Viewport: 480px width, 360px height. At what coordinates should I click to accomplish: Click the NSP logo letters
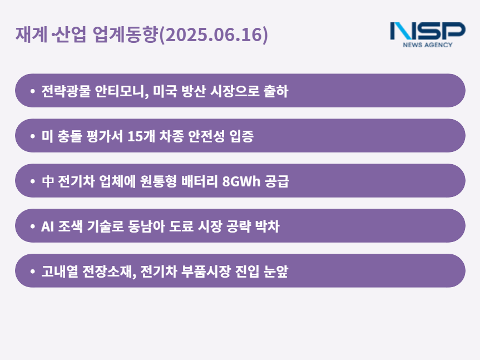[428, 31]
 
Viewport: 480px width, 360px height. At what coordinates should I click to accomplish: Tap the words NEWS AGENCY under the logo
[427, 45]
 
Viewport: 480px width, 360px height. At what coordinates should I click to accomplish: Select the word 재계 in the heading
[31, 34]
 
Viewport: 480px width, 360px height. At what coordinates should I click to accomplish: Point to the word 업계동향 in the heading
[125, 34]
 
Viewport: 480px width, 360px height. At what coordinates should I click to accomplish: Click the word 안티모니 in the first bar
[122, 91]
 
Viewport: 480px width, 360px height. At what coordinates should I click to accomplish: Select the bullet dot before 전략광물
[33, 91]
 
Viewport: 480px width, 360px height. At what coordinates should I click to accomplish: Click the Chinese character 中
[48, 181]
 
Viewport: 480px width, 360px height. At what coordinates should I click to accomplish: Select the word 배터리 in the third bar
[200, 181]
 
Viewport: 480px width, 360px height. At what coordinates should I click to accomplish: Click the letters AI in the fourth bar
[47, 226]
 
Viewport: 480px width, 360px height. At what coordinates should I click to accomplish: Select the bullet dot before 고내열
[33, 271]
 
